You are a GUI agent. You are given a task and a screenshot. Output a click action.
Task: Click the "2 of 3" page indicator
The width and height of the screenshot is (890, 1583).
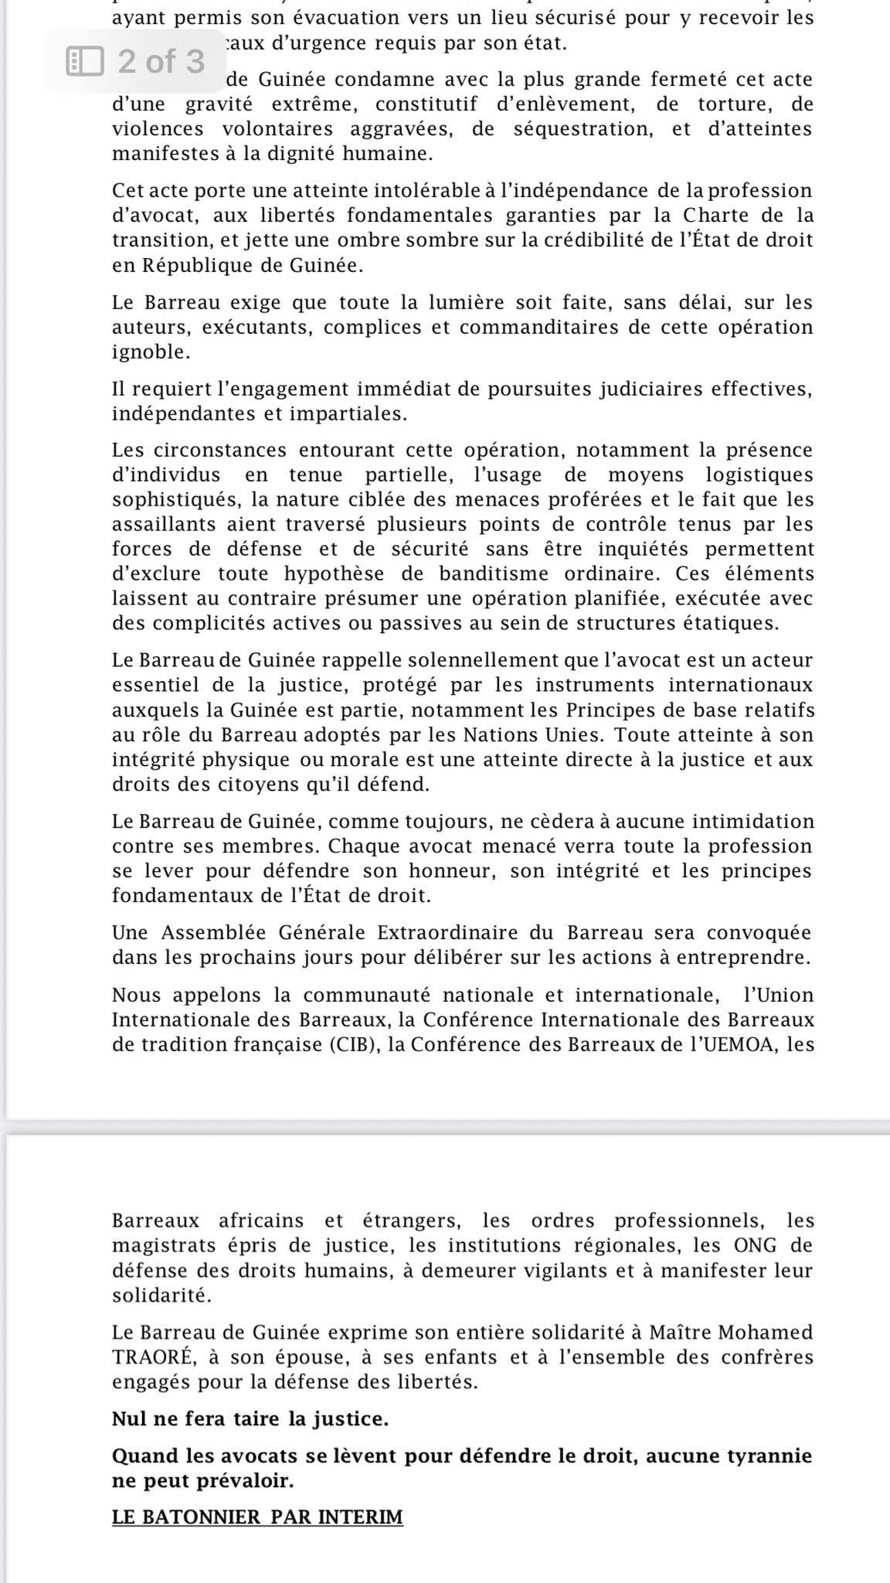[x=161, y=61]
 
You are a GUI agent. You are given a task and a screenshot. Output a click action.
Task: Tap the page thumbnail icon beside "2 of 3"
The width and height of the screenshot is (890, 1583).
[x=84, y=61]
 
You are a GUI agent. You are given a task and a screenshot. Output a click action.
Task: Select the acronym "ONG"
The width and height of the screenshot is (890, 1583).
[x=742, y=1245]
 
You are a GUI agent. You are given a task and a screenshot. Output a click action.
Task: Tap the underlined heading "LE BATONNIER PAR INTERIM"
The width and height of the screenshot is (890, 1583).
[x=257, y=1517]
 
